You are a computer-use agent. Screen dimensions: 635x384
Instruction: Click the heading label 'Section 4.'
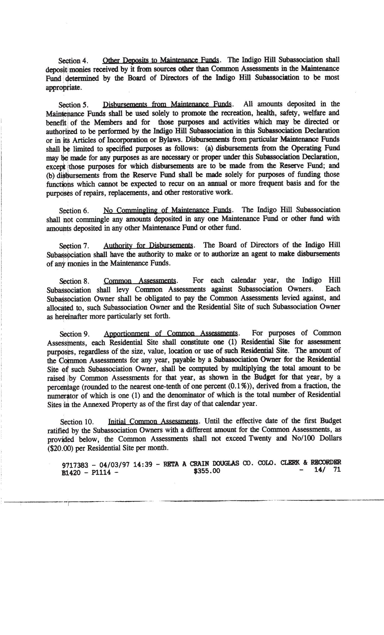click(73, 61)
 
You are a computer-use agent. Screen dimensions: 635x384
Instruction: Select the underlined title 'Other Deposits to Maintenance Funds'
click(161, 60)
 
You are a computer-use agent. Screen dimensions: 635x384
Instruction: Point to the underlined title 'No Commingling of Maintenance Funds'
click(167, 210)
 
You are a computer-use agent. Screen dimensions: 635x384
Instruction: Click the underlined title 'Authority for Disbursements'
click(148, 245)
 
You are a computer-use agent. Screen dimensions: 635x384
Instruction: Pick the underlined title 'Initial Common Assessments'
click(153, 421)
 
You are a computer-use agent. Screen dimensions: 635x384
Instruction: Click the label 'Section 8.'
click(74, 281)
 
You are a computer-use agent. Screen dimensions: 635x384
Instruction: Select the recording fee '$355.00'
click(207, 471)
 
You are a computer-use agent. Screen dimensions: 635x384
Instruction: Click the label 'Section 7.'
click(74, 246)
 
